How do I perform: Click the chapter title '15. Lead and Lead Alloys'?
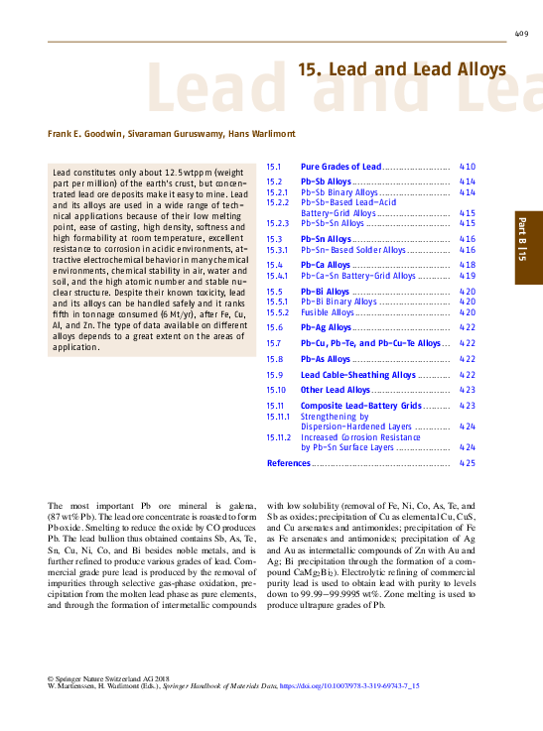(402, 69)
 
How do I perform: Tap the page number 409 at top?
(521, 34)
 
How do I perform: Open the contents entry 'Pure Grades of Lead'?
(340, 167)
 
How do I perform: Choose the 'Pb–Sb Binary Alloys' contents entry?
(339, 192)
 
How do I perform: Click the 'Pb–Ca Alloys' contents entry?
(326, 265)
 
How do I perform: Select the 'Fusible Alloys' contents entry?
(328, 312)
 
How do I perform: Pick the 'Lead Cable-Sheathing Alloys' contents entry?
(358, 375)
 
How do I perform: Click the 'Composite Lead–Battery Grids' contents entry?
(360, 406)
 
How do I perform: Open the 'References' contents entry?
(288, 463)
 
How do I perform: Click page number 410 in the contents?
(468, 167)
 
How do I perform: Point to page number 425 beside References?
(468, 463)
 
